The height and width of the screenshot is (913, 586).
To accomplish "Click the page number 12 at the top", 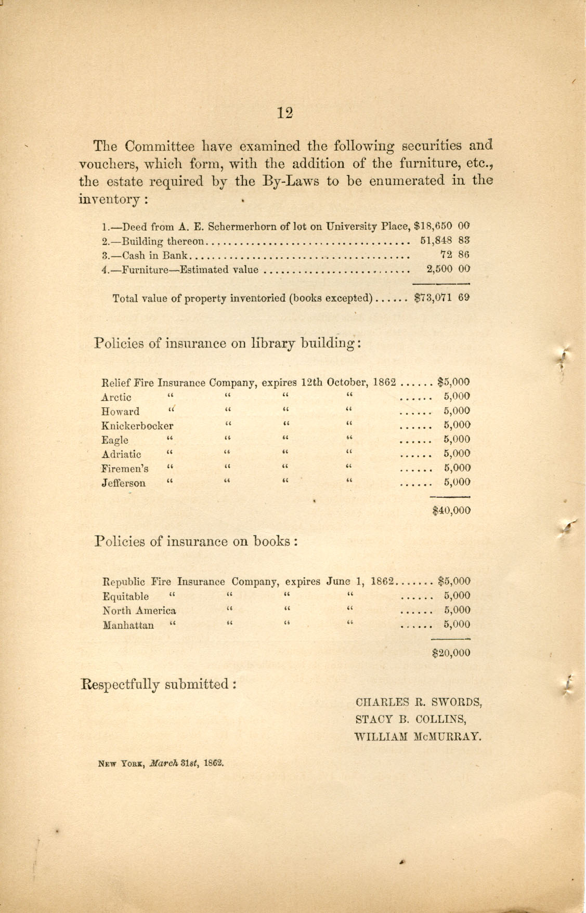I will pyautogui.click(x=285, y=113).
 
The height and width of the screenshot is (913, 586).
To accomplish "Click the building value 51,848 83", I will pyautogui.click(x=445, y=241).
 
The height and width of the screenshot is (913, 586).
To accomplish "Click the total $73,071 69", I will pyautogui.click(x=442, y=298).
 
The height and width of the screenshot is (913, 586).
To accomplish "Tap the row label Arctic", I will pyautogui.click(x=116, y=398).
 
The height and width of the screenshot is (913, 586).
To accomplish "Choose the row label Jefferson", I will pyautogui.click(x=123, y=483).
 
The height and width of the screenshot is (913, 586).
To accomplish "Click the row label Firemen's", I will pyautogui.click(x=124, y=468).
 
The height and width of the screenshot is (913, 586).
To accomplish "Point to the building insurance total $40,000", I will pyautogui.click(x=451, y=510).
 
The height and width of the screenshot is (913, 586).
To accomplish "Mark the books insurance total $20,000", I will pyautogui.click(x=451, y=653).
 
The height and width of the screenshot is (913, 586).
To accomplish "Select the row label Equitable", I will pyautogui.click(x=125, y=597).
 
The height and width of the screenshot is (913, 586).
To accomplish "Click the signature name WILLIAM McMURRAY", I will pyautogui.click(x=416, y=737).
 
